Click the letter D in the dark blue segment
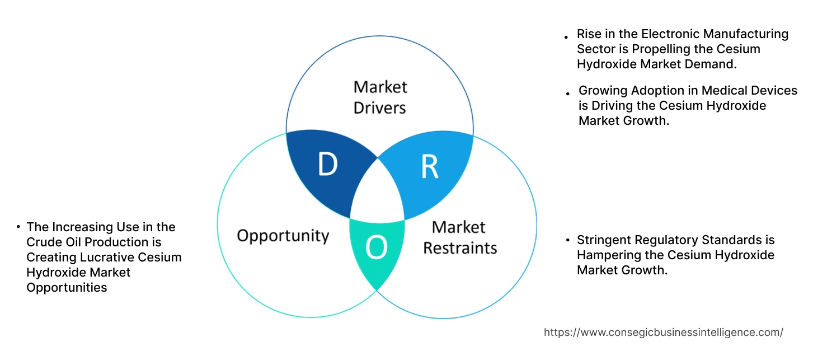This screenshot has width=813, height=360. pyautogui.click(x=328, y=164)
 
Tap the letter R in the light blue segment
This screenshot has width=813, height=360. pyautogui.click(x=430, y=167)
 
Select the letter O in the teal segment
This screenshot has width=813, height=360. pyautogui.click(x=376, y=248)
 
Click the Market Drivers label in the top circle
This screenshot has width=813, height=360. pyautogui.click(x=380, y=97)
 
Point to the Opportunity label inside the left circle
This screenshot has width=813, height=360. pyautogui.click(x=283, y=235)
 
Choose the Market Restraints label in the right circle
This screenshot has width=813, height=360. pyautogui.click(x=459, y=237)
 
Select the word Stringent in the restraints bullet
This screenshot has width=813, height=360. pyautogui.click(x=604, y=240)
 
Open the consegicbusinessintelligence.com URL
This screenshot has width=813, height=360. pyautogui.click(x=664, y=333)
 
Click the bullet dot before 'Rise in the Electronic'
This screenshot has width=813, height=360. pyautogui.click(x=566, y=36)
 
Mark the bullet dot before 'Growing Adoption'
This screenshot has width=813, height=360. pyautogui.click(x=568, y=93)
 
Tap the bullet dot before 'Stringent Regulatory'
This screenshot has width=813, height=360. pyautogui.click(x=566, y=240)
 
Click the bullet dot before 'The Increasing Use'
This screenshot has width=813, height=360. pyautogui.click(x=18, y=227)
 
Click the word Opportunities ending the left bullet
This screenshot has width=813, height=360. pyautogui.click(x=67, y=288)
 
